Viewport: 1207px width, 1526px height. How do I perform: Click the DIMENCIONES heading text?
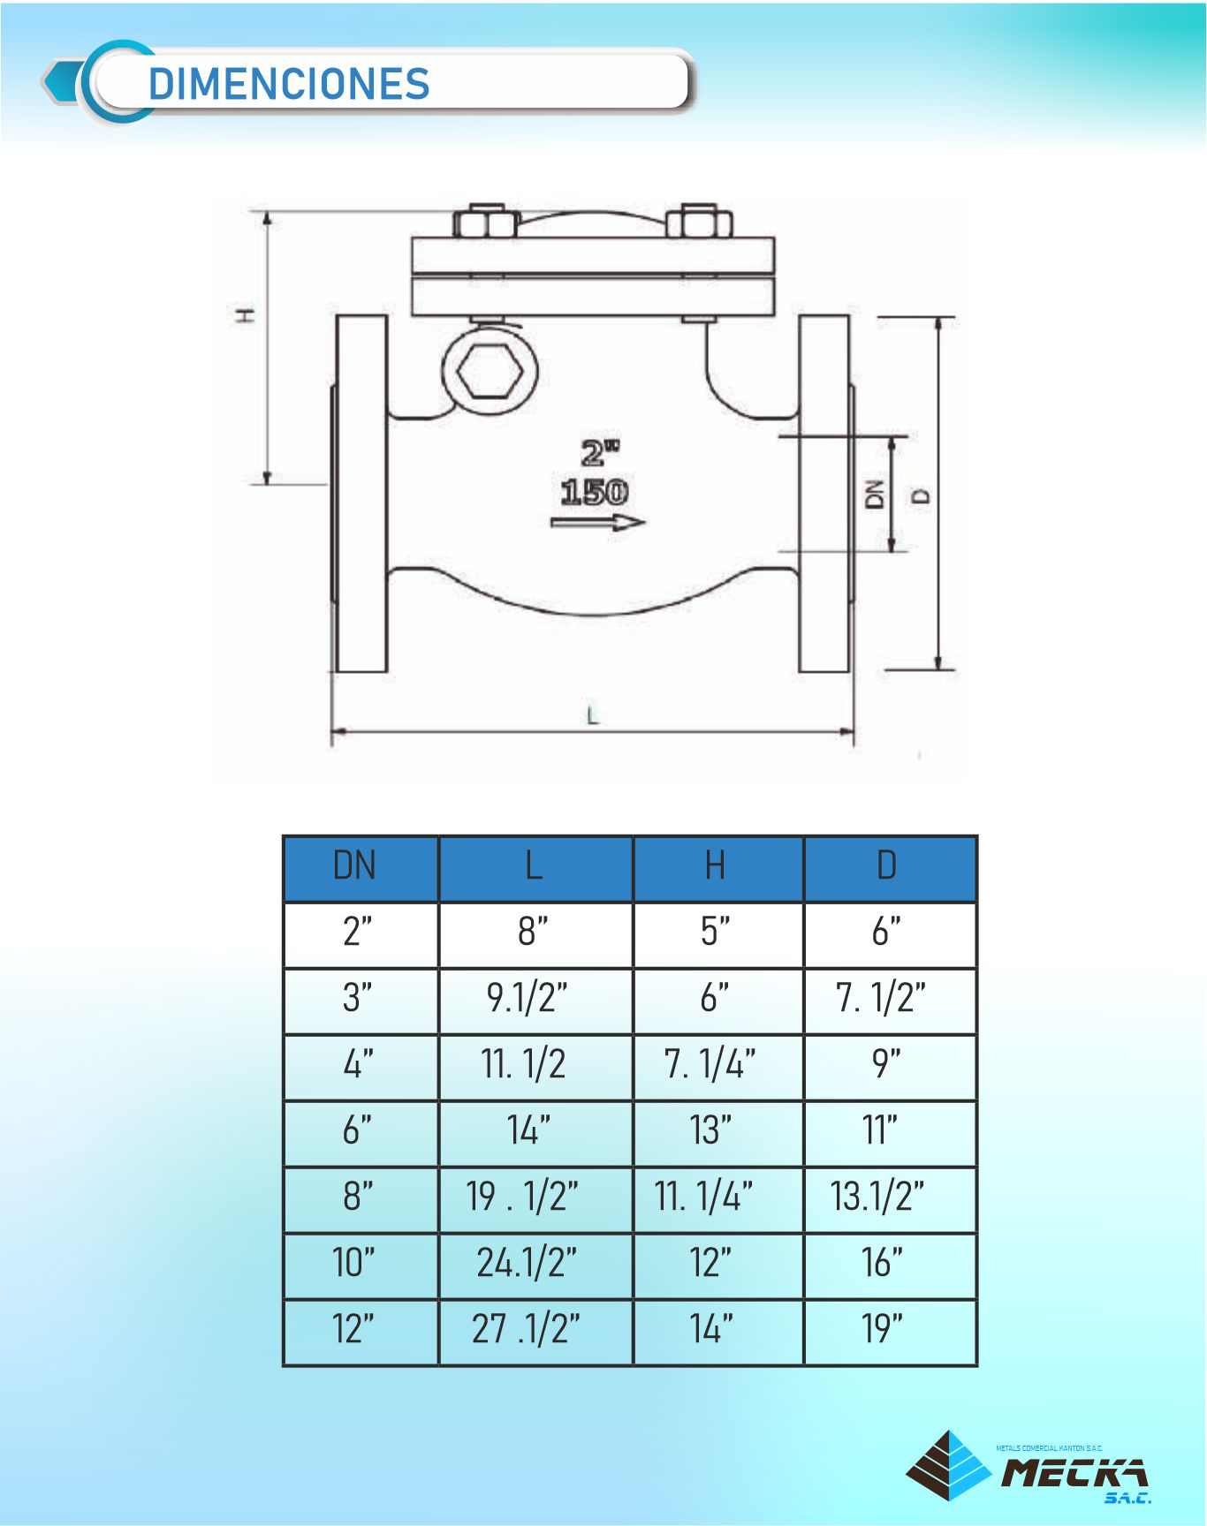(289, 85)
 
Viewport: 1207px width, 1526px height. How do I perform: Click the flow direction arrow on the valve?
(598, 523)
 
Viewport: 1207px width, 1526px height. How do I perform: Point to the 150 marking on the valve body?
(595, 492)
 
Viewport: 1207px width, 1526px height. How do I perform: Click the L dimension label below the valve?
(593, 715)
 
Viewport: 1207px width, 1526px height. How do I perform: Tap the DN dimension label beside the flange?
(874, 494)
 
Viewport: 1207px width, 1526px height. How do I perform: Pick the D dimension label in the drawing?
(922, 495)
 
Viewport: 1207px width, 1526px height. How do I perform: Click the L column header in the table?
(534, 865)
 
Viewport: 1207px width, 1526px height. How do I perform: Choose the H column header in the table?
(716, 865)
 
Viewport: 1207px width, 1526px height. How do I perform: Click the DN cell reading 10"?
(353, 1263)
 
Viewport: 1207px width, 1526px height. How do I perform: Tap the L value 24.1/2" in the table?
(527, 1263)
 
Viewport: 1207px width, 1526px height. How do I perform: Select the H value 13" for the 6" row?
(710, 1130)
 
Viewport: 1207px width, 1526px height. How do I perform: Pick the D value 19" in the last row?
(882, 1329)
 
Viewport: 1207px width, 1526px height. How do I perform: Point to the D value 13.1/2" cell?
(877, 1197)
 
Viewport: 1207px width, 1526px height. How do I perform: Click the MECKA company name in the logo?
(1074, 1473)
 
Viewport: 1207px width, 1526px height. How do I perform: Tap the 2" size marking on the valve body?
(599, 453)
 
